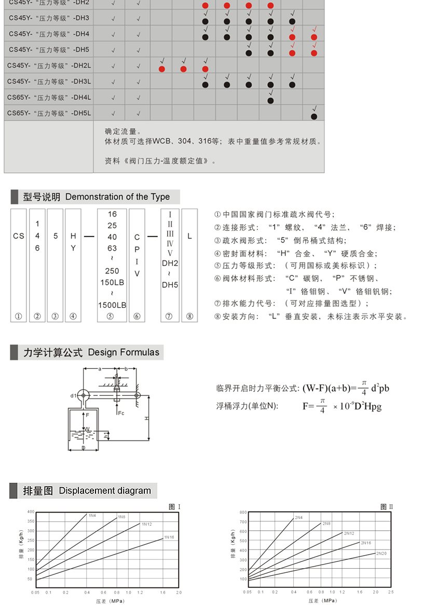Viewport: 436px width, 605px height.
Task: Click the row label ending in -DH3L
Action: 50,81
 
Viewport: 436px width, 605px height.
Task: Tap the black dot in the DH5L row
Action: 314,116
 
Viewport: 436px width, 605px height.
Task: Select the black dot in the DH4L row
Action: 270,100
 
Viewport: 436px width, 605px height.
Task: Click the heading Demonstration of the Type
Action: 117,197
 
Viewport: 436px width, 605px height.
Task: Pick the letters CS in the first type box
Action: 19,236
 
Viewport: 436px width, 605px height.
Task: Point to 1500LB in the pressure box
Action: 112,305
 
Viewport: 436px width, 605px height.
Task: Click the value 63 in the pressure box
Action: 112,248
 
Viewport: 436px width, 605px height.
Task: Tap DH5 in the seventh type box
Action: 170,285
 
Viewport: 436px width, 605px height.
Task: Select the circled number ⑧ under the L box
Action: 189,317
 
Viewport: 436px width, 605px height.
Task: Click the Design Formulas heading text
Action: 124,352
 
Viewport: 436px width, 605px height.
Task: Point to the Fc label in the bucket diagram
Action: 121,413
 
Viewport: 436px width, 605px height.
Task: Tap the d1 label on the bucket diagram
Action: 73,396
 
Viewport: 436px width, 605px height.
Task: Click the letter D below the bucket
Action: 83,448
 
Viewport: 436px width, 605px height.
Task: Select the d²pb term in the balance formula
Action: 380,388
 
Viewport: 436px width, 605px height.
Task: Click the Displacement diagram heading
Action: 105,491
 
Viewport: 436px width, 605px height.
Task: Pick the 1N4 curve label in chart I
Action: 92,515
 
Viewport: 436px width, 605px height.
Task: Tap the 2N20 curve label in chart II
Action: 382,553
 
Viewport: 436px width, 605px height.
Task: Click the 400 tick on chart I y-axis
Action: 31,512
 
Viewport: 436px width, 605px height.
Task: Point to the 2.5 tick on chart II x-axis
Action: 391,592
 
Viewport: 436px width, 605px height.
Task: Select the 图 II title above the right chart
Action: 387,506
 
